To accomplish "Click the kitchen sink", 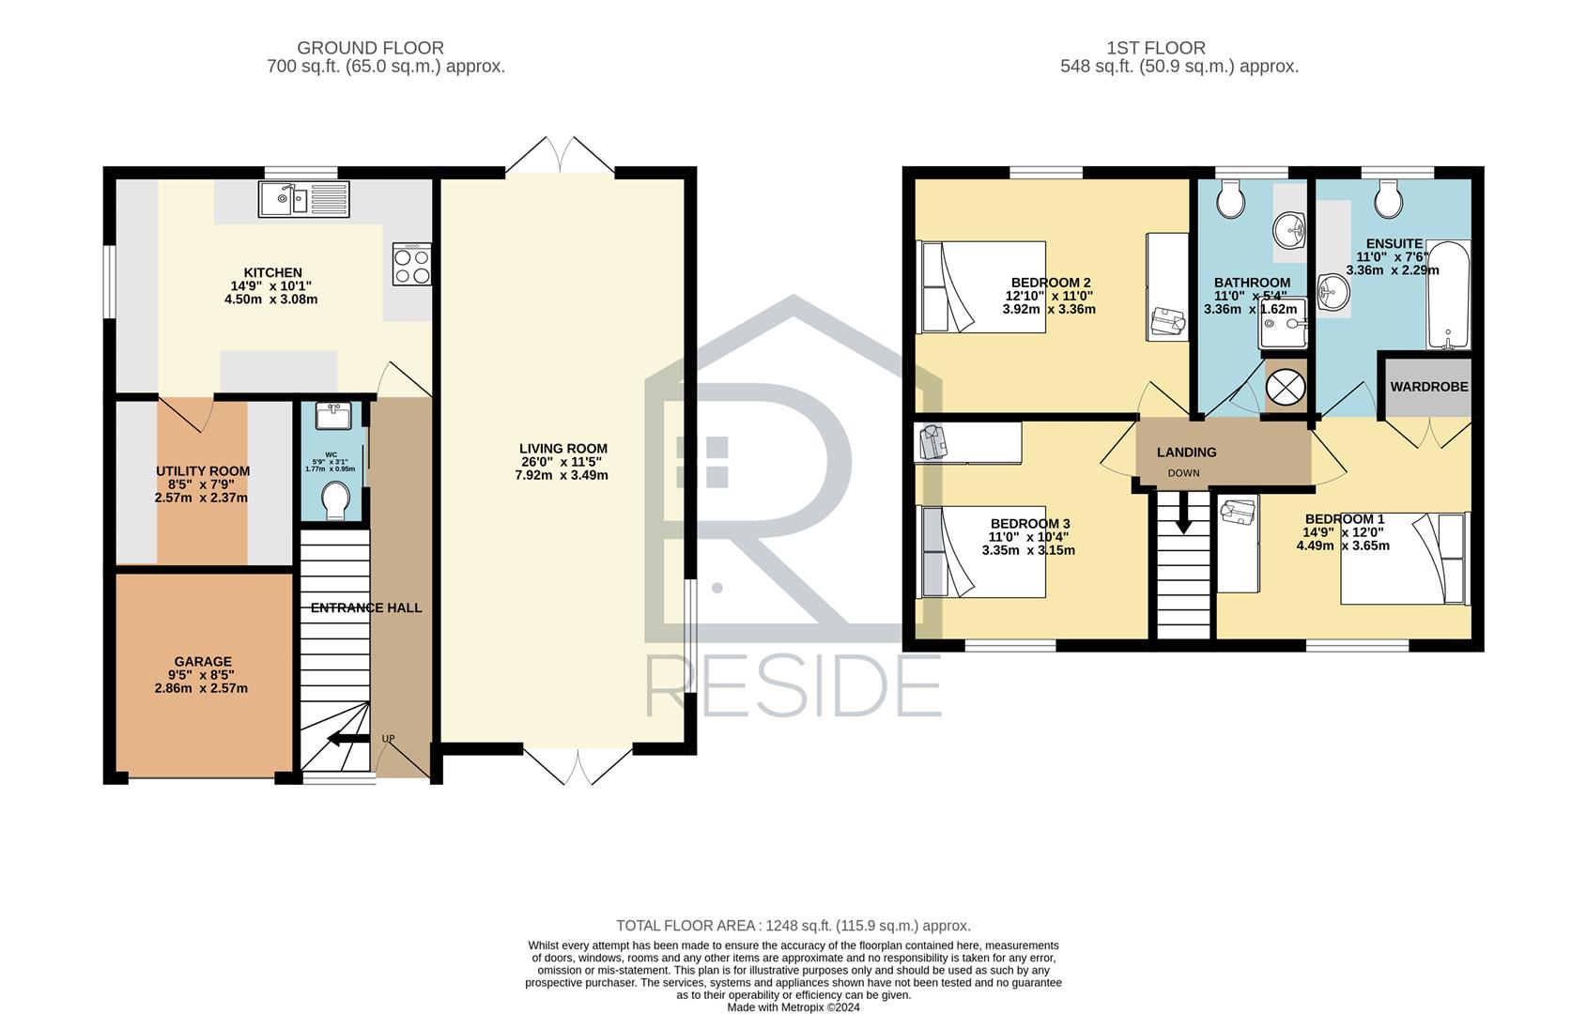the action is click(304, 199).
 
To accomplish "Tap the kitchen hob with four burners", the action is click(411, 265).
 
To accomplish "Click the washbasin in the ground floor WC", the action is click(333, 416).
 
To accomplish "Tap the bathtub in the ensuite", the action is click(1448, 295).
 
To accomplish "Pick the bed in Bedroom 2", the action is click(980, 287).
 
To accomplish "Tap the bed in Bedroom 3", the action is click(980, 551).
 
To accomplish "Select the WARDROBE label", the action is click(1429, 387).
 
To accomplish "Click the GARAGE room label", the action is click(204, 662).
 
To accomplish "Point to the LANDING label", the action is click(1187, 453).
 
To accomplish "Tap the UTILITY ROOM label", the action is click(204, 471).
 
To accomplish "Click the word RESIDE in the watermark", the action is click(793, 686).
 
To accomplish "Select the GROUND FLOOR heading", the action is click(371, 48).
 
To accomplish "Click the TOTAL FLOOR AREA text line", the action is click(793, 926).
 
